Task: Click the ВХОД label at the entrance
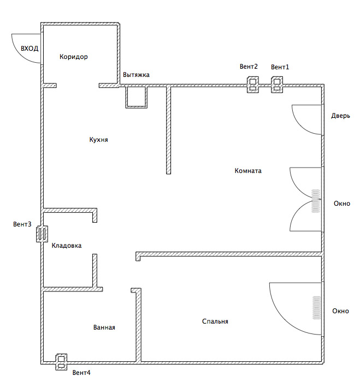29,48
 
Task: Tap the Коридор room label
74,57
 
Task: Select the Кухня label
99,140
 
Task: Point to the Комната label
248,171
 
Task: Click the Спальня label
215,321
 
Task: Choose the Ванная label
104,327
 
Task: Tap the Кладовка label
67,246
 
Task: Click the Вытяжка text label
136,75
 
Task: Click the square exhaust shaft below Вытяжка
136,97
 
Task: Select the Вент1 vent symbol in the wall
277,85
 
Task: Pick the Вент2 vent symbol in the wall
253,85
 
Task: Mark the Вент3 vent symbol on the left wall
42,234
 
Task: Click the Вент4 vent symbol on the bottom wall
61,362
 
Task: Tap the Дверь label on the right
340,116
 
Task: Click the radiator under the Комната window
315,201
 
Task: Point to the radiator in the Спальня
316,308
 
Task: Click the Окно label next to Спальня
340,311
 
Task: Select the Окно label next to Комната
342,204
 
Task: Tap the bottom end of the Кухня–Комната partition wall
168,174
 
